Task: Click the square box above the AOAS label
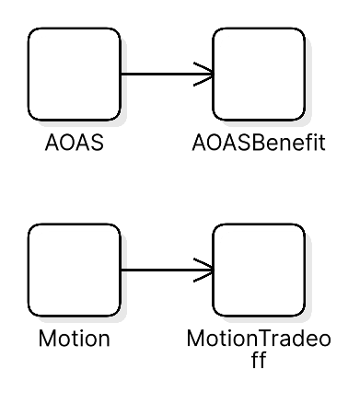pos(74,74)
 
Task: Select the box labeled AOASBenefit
pos(259,74)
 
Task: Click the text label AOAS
pos(74,144)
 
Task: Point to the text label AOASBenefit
pos(259,144)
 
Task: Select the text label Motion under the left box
pos(74,340)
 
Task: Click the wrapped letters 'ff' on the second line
pos(259,360)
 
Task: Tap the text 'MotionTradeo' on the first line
pos(259,340)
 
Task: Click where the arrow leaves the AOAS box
pos(122,74)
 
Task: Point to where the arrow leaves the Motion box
pos(122,270)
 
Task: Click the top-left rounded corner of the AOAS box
pos(32,32)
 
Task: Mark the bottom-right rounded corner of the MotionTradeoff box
pos(300,311)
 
